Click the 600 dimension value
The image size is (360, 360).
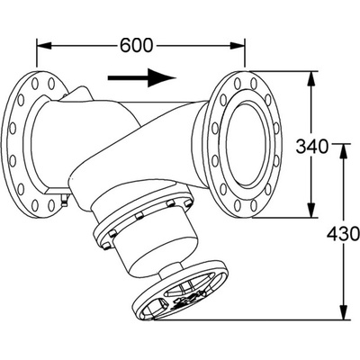(137, 46)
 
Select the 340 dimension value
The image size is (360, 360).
(312, 147)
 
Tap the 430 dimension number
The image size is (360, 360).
(343, 234)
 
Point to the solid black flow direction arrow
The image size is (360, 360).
(141, 77)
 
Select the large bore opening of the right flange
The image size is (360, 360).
(246, 144)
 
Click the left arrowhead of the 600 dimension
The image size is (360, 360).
(44, 46)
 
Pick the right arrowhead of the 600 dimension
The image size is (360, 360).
(238, 46)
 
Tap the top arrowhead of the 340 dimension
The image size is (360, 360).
(311, 78)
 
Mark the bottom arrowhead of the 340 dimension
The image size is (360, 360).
(311, 210)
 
